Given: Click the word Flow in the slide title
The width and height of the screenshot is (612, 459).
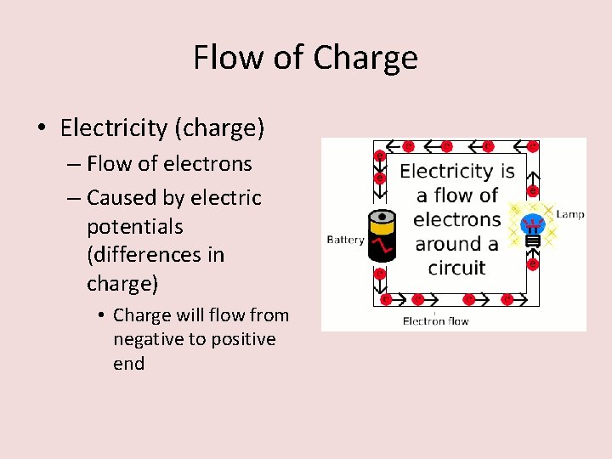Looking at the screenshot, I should coord(221,58).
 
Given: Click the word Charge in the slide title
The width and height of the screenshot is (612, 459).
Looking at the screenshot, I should coord(365,58).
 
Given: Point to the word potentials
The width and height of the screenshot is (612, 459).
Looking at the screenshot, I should coord(134,227).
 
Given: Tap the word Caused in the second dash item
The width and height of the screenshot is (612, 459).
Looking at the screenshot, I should coord(120,198).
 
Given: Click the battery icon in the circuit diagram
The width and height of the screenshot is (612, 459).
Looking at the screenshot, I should coord(382,237).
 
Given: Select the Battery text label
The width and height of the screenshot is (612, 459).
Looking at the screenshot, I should coord(345,240).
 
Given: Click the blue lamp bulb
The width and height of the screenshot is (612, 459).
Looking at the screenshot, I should coord(533,226).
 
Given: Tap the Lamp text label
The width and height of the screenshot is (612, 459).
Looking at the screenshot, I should coord(570,214).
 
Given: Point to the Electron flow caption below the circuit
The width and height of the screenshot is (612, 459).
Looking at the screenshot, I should coord(435,320).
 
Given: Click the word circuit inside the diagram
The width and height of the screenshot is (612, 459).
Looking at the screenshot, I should coord(456,268).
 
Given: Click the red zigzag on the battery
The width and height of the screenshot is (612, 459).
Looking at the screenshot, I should coord(383,246).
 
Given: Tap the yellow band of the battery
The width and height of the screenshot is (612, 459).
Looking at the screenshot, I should coord(382,228).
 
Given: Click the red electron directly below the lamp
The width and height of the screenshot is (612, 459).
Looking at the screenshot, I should coord(533,264).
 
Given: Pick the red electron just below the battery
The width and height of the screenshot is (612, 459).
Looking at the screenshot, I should coord(380,274).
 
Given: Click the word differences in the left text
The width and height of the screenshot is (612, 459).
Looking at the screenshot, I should coord(156,255).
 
